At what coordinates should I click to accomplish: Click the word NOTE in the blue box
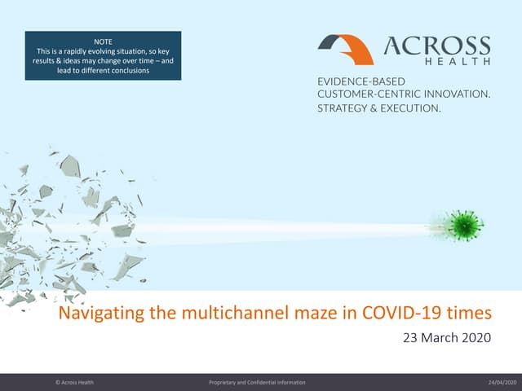102,39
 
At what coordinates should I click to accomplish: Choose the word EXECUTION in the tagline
409,107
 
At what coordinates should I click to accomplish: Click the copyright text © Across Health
75,382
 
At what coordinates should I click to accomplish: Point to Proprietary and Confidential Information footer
257,382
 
